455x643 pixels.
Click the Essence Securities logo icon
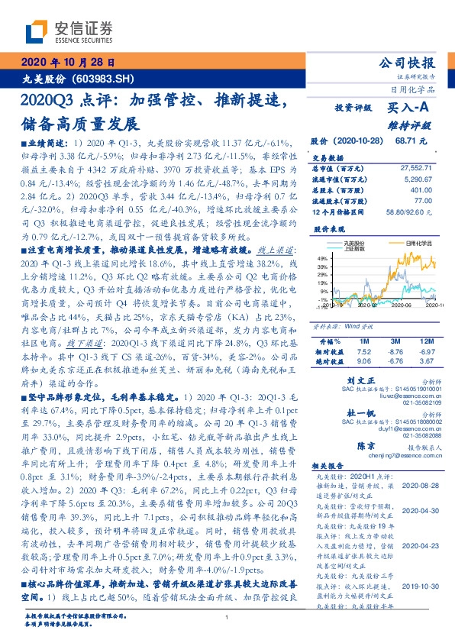(35, 31)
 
